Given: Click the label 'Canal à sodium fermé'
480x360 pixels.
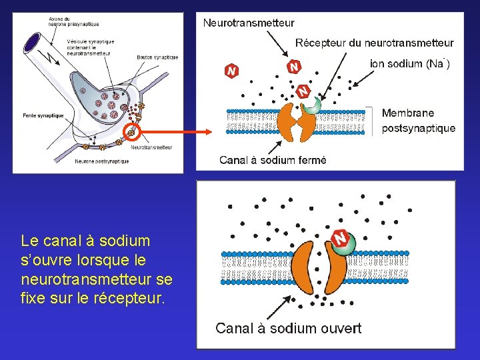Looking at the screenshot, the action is pos(273,160).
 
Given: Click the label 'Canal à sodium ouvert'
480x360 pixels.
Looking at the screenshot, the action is pos(288,328).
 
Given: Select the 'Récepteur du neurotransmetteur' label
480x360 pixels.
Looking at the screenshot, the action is pos(374,43).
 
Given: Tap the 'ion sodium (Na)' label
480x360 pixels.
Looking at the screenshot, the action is pos(409,64).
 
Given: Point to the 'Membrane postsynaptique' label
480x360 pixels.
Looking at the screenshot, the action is pos(418,121).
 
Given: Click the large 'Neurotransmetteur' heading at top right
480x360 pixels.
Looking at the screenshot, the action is pos(248,23).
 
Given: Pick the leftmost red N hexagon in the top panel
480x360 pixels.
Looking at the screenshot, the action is pos(231,70).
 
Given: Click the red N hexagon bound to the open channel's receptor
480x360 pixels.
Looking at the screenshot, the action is pos(340,237).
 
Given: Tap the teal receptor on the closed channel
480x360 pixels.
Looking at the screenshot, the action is pos(311,106).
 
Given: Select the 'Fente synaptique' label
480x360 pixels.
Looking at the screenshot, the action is pos(43,116).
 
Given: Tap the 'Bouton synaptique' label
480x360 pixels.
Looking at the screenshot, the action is pos(157,57).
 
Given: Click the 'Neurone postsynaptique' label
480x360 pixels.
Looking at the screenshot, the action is pos(102,161).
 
